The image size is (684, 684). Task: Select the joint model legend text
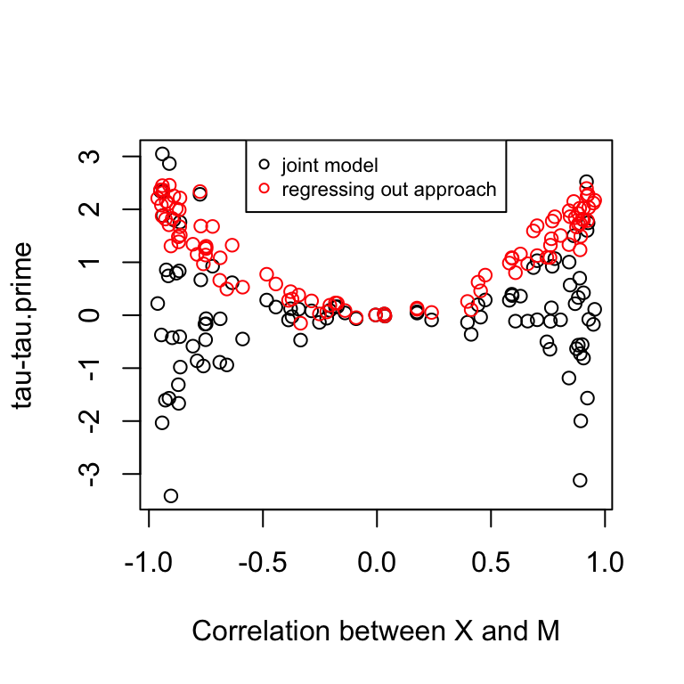pyautogui.click(x=330, y=165)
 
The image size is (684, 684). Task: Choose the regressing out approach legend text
pyautogui.click(x=388, y=189)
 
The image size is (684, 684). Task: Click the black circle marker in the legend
pyautogui.click(x=264, y=165)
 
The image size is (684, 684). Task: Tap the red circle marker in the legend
pyautogui.click(x=264, y=189)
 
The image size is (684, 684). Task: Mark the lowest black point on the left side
pyautogui.click(x=170, y=496)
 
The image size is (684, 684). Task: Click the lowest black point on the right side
pyautogui.click(x=580, y=480)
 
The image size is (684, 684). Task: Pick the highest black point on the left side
pyautogui.click(x=162, y=154)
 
